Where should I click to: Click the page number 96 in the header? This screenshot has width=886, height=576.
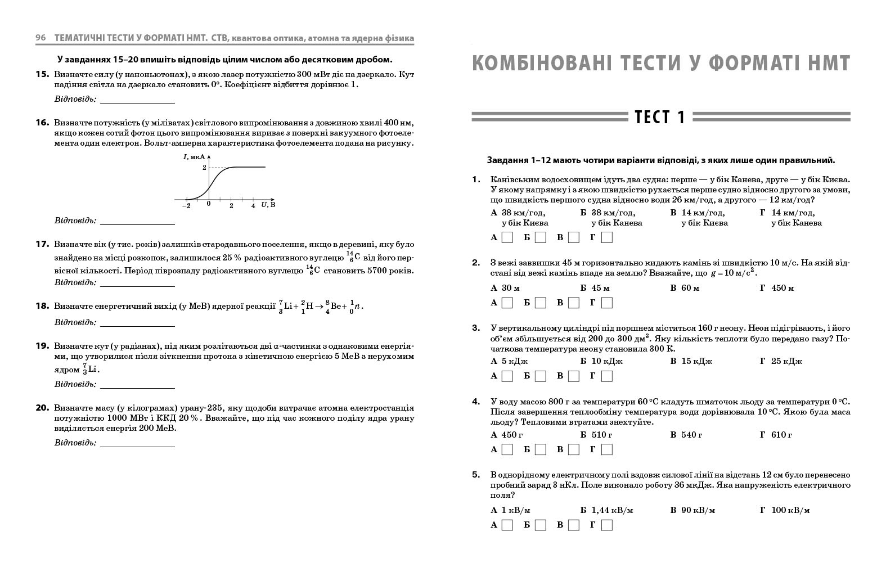tap(41, 38)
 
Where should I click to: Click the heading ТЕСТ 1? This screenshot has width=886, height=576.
tap(660, 117)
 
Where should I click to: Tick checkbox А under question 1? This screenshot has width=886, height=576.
tap(507, 237)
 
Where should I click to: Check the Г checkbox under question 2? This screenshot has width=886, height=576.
tap(606, 303)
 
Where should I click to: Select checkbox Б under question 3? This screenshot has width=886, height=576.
tap(541, 376)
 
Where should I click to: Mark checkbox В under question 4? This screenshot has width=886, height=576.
tap(573, 449)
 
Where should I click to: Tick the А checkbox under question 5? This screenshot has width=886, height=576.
tap(507, 525)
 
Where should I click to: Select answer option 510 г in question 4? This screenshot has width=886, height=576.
tap(601, 435)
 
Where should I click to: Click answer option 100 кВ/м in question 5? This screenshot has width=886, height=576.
tap(790, 510)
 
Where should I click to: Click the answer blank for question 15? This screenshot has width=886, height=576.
tap(137, 100)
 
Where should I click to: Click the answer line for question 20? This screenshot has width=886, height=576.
tap(137, 443)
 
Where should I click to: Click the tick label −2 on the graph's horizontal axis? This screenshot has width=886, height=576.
tap(186, 206)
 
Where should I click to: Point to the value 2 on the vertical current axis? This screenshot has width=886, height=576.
tap(204, 167)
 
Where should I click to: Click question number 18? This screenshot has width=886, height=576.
tap(43, 306)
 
